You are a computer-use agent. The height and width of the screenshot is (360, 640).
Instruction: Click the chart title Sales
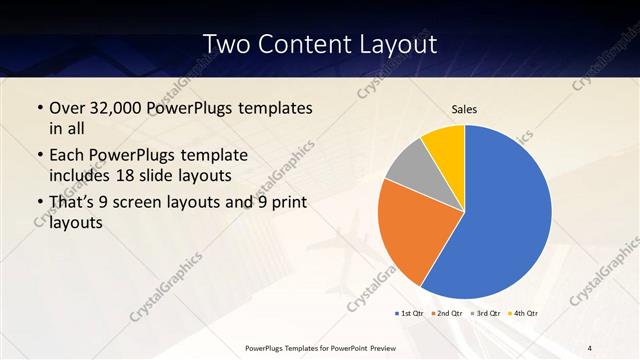coord(464,108)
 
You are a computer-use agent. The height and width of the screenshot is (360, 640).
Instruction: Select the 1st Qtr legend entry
coord(413,313)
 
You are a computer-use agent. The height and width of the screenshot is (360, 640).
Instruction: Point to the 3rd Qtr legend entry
coord(487,313)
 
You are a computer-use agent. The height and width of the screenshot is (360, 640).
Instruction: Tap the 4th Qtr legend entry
coord(524,313)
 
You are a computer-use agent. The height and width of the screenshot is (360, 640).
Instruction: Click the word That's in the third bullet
coord(75,203)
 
